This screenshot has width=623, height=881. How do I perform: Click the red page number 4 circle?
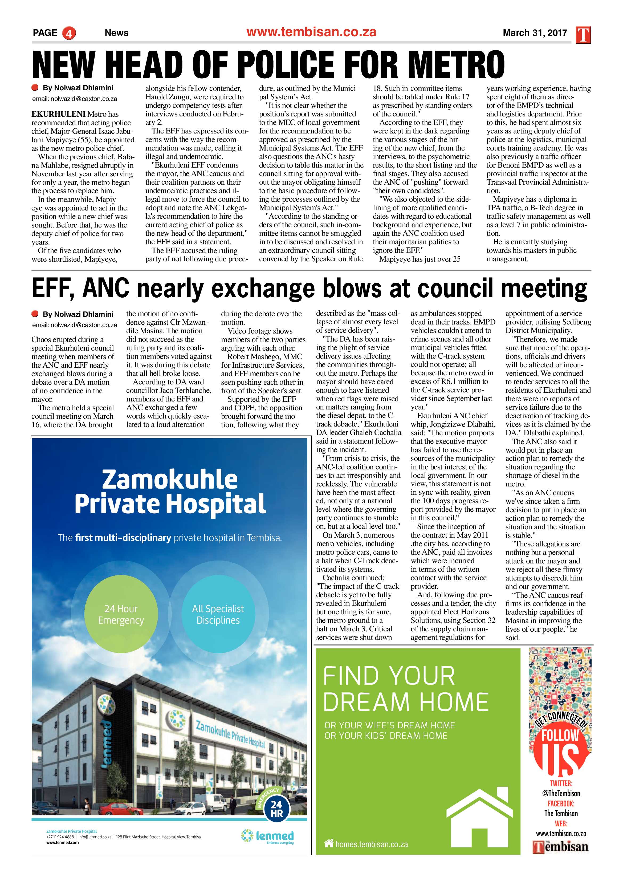pos(69,33)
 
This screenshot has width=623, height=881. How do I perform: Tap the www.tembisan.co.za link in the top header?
pos(311,32)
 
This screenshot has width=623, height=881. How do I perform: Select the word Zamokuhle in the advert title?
pos(170,480)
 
